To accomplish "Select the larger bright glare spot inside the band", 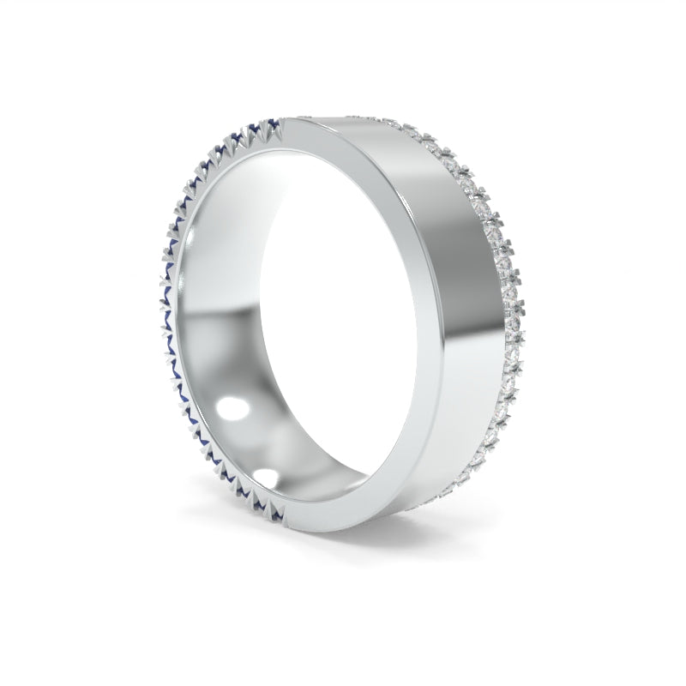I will [229, 411].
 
